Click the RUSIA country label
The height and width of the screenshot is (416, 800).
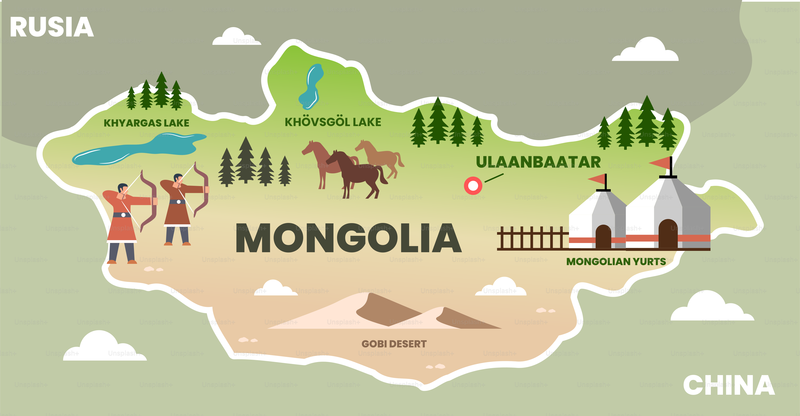(x=52, y=27)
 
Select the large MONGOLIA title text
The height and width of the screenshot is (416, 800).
(x=348, y=238)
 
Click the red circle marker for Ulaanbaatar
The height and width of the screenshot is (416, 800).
(x=473, y=186)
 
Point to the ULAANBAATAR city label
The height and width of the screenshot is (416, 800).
(x=538, y=162)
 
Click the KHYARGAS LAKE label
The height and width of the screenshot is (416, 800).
(x=146, y=123)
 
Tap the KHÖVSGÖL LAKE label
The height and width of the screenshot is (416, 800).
(x=333, y=122)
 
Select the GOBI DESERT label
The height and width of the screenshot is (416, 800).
(x=394, y=344)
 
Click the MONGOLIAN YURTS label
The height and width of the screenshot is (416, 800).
(x=616, y=262)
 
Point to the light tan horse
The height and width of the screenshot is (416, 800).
(x=382, y=157)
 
